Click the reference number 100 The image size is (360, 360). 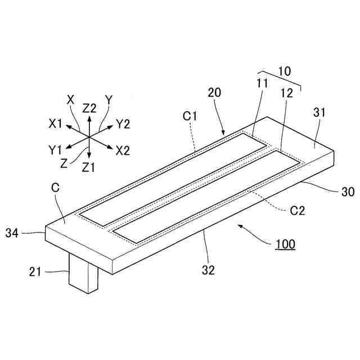click(x=285, y=245)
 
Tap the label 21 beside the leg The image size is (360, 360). click(x=35, y=273)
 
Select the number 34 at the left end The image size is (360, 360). click(x=13, y=232)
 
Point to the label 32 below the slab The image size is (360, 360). click(x=208, y=271)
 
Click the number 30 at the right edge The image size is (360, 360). click(x=348, y=192)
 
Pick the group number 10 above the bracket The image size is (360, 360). click(x=285, y=71)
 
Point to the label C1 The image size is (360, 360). click(x=190, y=116)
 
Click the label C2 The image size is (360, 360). click(x=298, y=211)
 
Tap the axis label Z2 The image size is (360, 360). click(x=89, y=108)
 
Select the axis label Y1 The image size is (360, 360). click(x=55, y=150)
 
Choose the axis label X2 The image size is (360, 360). click(x=123, y=151)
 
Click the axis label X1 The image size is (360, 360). click(x=56, y=123)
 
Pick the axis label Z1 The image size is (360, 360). click(x=89, y=167)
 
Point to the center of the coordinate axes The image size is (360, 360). click(x=89, y=137)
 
